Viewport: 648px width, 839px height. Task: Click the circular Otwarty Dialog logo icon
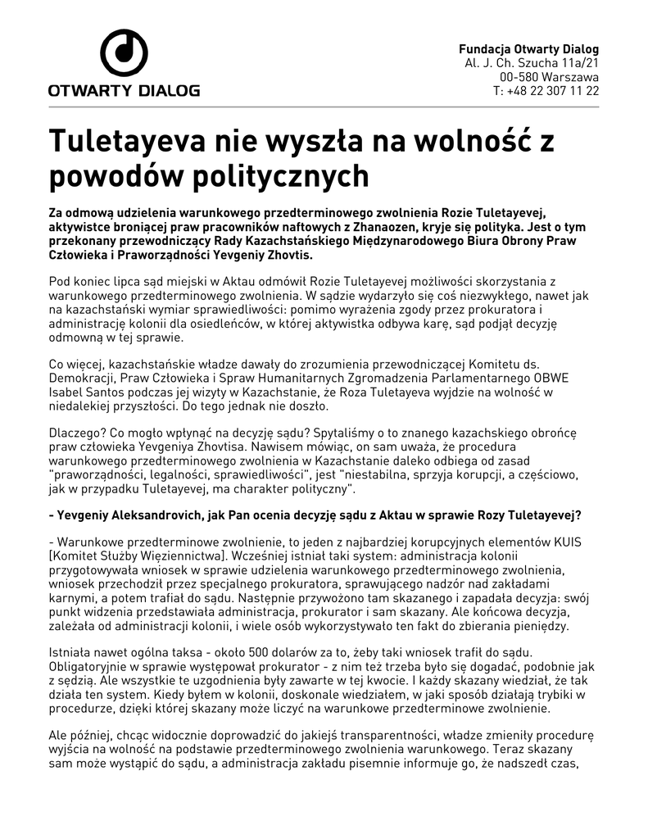124,52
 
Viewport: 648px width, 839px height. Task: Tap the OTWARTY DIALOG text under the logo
124,90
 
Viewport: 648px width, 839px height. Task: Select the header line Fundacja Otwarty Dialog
528,49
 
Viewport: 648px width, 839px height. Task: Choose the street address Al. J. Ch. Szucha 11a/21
532,63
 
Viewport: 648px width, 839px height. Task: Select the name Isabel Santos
88,393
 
